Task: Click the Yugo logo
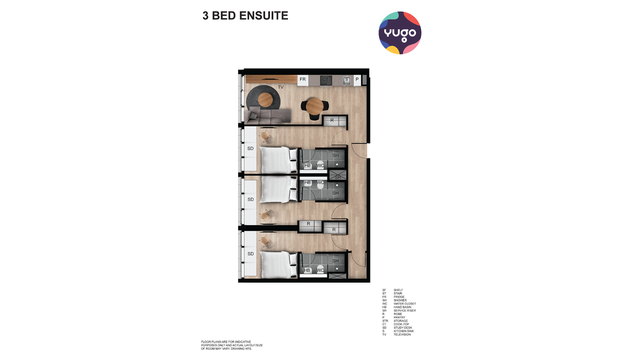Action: point(400,33)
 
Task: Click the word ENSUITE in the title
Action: point(263,16)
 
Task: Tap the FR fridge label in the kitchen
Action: point(303,80)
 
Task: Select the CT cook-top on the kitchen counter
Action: point(325,80)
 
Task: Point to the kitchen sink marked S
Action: point(346,80)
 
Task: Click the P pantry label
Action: point(357,80)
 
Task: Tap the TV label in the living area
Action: point(281,88)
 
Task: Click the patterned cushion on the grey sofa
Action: point(254,116)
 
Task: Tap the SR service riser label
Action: point(337,177)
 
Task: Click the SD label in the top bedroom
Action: point(250,149)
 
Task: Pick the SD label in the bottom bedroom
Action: point(250,254)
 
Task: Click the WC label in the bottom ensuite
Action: point(321,270)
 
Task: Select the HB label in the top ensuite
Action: point(308,166)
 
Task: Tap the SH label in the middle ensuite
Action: point(335,193)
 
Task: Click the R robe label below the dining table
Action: point(332,121)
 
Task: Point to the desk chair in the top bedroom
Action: point(265,136)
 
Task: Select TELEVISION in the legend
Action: point(402,335)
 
